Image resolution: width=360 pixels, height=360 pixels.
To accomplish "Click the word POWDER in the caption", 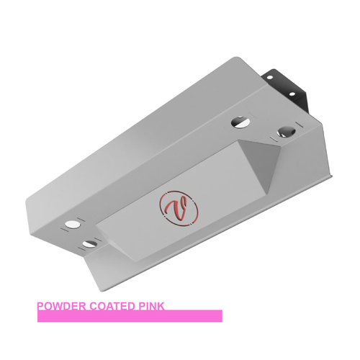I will pyautogui.click(x=61, y=306).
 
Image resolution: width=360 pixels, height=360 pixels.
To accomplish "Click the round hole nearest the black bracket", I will pyautogui.click(x=240, y=122).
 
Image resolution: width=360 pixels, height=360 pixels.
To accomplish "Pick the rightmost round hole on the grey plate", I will pyautogui.click(x=287, y=132).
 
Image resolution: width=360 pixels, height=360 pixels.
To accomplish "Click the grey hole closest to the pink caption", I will pyautogui.click(x=89, y=243).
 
